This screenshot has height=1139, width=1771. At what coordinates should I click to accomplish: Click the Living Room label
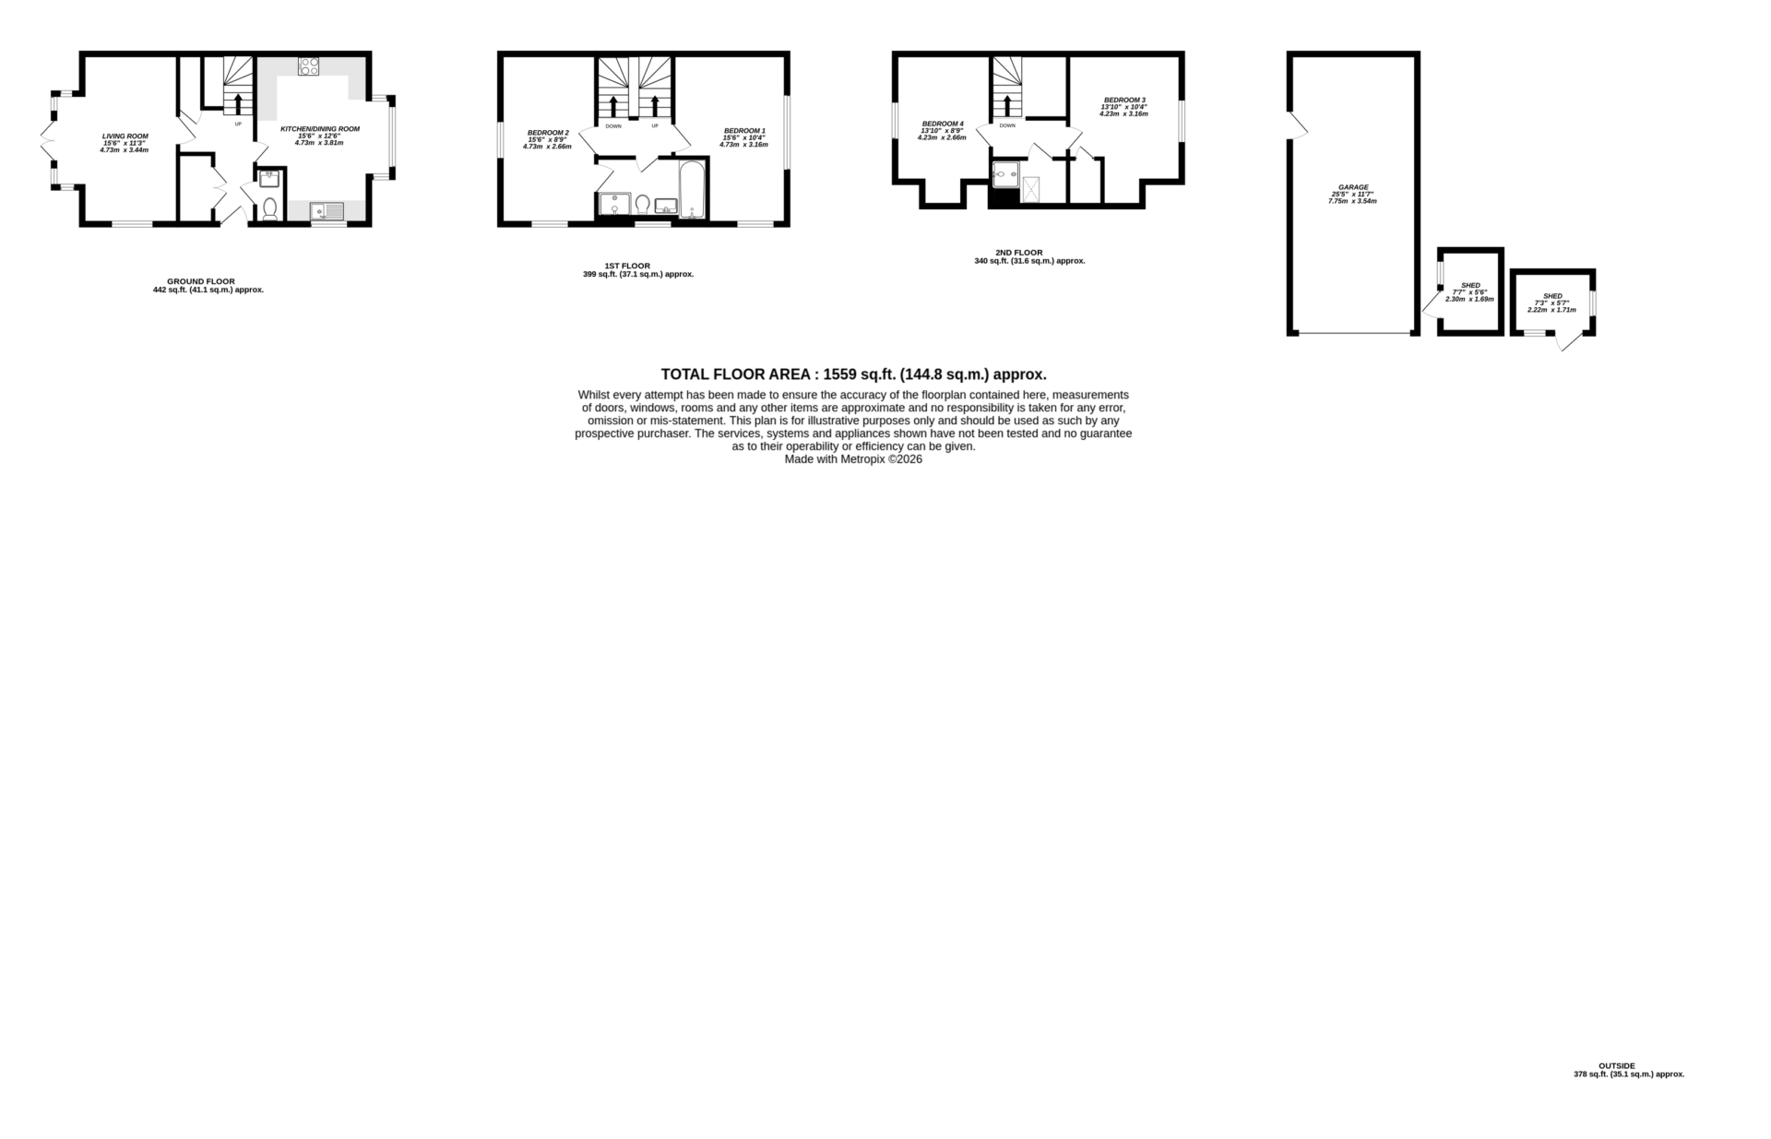click(125, 136)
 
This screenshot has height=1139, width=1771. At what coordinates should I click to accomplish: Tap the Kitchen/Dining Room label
click(319, 129)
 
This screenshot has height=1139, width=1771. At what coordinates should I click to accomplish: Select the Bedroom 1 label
click(743, 131)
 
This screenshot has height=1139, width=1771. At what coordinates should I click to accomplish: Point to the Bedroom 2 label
click(548, 133)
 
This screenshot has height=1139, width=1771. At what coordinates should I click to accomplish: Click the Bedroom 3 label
click(1123, 100)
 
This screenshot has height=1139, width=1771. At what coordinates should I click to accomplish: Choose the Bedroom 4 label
click(942, 124)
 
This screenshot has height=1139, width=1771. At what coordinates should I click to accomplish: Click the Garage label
click(1353, 187)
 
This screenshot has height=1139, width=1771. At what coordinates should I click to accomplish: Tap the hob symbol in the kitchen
click(309, 66)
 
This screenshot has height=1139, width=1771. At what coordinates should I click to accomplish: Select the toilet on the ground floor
click(270, 210)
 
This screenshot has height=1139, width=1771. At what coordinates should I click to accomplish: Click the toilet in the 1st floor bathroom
click(642, 205)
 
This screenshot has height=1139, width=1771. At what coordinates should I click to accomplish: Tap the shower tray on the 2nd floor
click(1030, 190)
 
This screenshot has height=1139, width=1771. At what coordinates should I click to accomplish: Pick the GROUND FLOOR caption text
click(200, 281)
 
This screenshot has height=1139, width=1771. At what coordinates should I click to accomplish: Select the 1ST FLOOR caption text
click(626, 267)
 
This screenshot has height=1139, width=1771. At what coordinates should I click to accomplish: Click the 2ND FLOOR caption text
click(1018, 253)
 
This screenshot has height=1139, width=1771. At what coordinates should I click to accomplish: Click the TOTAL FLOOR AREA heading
click(853, 374)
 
